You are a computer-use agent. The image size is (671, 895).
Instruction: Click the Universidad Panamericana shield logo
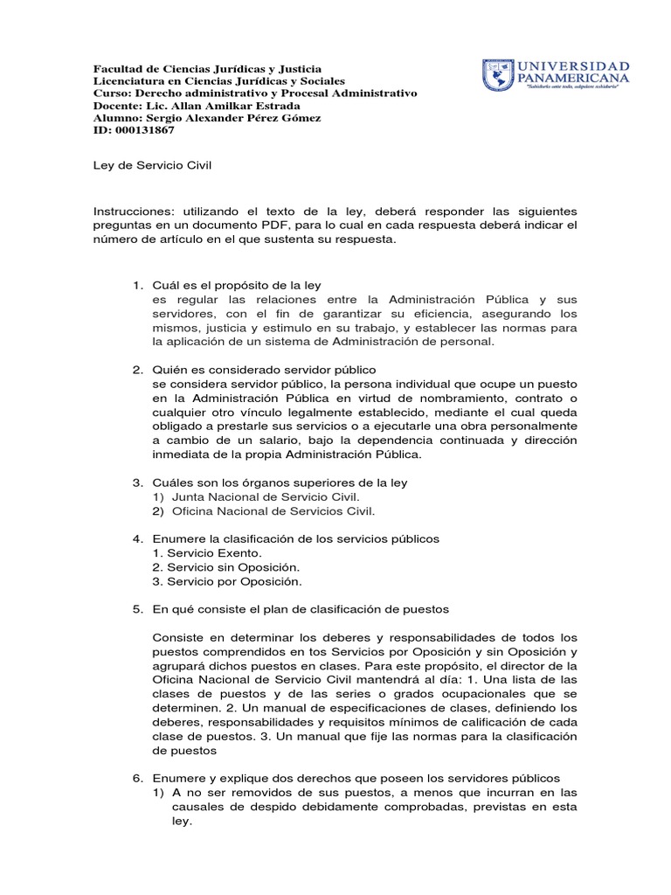[x=497, y=76]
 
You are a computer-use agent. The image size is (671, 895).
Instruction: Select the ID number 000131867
[x=144, y=130]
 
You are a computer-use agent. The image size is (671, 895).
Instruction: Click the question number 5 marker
[x=137, y=609]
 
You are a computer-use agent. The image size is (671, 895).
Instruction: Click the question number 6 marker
[x=137, y=778]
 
